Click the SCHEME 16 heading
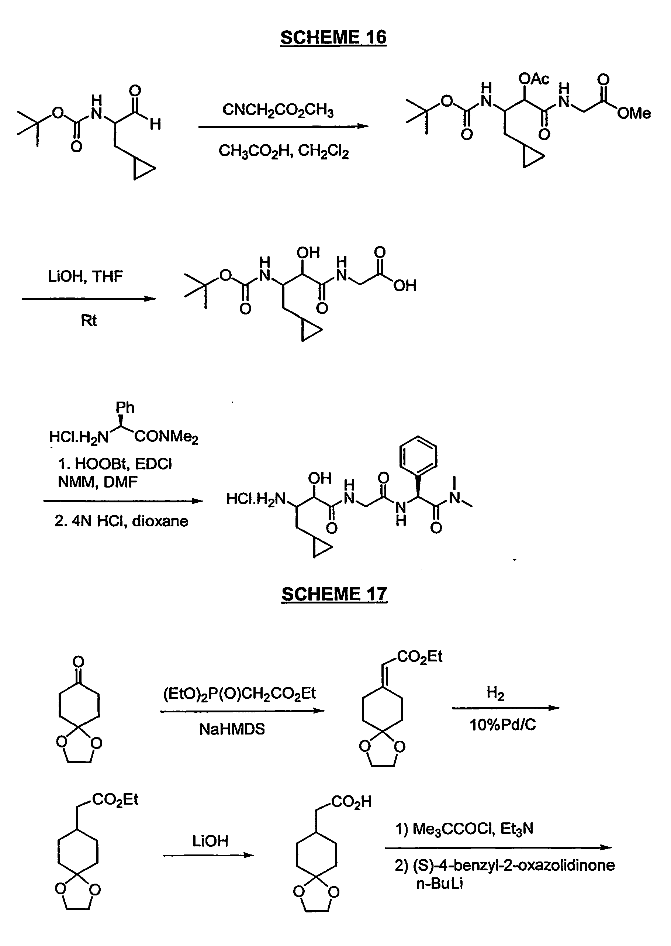[x=333, y=38]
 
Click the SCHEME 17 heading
[x=334, y=594]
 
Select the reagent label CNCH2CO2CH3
[x=278, y=110]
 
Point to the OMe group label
[x=634, y=113]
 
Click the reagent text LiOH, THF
[x=85, y=276]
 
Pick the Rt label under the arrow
[x=89, y=320]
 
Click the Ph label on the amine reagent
[x=125, y=408]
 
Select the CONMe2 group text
[x=166, y=437]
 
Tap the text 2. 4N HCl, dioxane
[x=121, y=521]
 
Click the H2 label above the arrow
[x=495, y=694]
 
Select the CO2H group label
[x=352, y=802]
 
